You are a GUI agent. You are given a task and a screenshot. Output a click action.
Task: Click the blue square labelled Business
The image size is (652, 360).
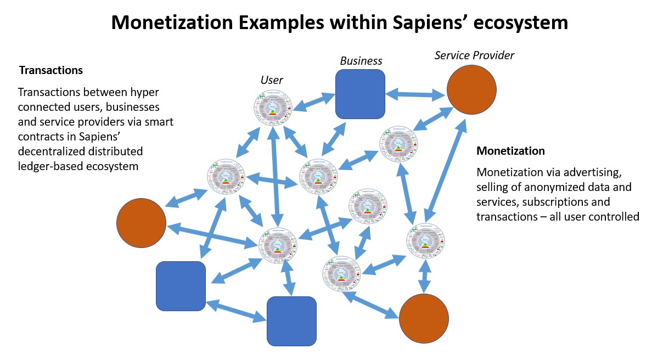pyautogui.click(x=360, y=94)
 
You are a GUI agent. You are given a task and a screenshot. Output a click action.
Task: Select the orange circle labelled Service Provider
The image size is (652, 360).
pyautogui.click(x=471, y=89)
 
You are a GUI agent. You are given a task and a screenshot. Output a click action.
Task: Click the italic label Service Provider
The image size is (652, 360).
pyautogui.click(x=474, y=55)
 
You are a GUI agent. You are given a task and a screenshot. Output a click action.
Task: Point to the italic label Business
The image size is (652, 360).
pyautogui.click(x=361, y=61)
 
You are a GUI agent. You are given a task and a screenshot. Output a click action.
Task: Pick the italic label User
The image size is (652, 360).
pyautogui.click(x=272, y=80)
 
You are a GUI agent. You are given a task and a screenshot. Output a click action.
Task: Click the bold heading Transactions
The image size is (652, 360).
pyautogui.click(x=51, y=70)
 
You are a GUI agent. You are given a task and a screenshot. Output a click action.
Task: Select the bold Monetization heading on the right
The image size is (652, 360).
pyautogui.click(x=510, y=151)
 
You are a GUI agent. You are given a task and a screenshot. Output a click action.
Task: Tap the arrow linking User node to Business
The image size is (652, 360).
pyautogui.click(x=314, y=102)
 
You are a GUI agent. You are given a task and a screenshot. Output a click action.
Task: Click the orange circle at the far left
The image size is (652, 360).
pyautogui.click(x=141, y=222)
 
